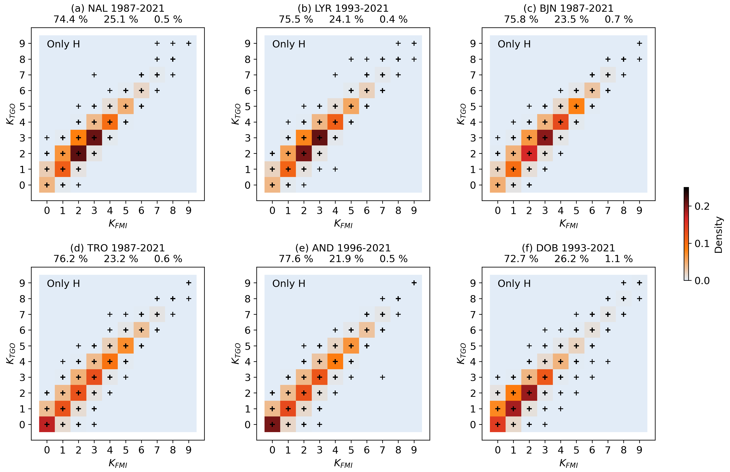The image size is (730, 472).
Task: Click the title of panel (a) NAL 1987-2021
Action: [x=118, y=8]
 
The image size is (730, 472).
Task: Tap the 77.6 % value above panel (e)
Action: [x=296, y=259]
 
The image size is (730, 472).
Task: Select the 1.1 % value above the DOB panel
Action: [x=618, y=259]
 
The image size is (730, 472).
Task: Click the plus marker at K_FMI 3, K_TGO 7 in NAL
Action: [x=94, y=75]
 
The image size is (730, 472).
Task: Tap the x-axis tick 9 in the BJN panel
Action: [x=639, y=211]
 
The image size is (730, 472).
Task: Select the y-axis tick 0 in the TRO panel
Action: [x=22, y=425]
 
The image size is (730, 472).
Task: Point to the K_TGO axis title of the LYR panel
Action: [x=236, y=114]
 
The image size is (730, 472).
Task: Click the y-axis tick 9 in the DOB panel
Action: [x=473, y=283]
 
